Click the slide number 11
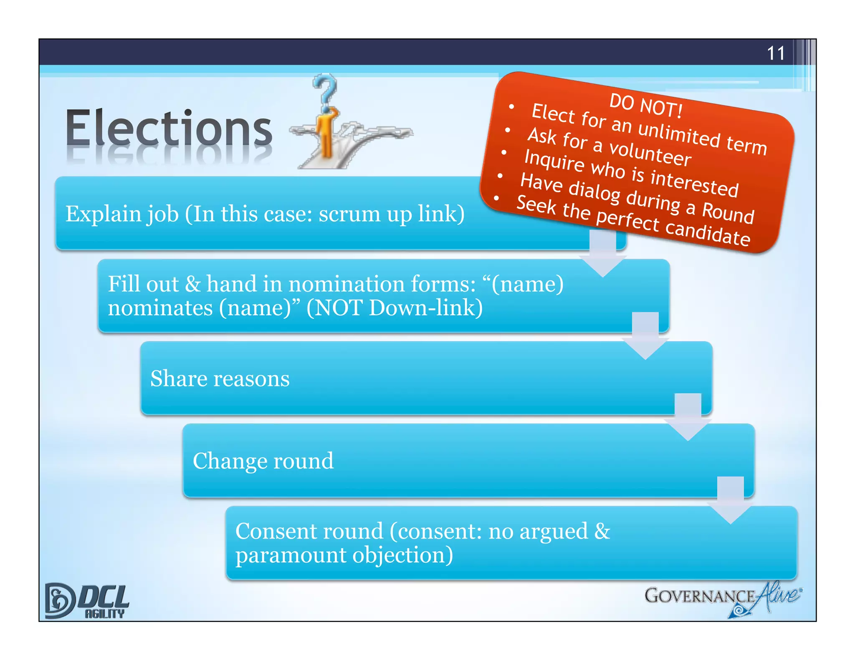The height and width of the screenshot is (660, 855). pos(776,53)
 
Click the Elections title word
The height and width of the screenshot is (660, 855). pos(169,128)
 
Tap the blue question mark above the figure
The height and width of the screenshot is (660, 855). pos(326,89)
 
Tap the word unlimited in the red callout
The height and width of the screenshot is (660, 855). pos(679,134)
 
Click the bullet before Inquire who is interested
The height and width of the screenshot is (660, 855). pos(504,153)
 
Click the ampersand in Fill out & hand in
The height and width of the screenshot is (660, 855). pos(192,284)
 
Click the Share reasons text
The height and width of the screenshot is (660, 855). pos(220,379)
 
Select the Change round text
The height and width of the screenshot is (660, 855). pos(263,461)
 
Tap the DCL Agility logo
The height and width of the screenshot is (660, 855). pos(87,601)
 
